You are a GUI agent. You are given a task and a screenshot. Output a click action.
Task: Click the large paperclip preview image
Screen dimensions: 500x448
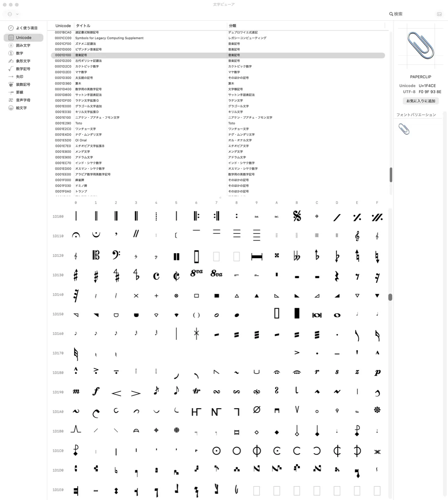click(420, 45)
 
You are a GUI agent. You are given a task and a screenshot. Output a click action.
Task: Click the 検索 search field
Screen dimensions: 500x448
click(410, 14)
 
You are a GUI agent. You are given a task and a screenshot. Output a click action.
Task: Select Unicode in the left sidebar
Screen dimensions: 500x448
click(23, 37)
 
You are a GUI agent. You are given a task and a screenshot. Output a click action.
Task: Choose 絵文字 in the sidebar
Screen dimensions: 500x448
click(21, 108)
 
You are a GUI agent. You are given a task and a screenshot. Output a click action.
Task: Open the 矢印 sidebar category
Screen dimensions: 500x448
click(20, 77)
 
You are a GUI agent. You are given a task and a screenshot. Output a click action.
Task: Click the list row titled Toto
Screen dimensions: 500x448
click(79, 123)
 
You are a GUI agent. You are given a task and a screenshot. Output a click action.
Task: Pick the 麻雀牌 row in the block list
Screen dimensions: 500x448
click(80, 180)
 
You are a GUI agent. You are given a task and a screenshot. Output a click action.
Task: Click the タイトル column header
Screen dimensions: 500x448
click(83, 26)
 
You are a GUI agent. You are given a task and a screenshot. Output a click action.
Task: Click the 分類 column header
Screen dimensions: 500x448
click(233, 26)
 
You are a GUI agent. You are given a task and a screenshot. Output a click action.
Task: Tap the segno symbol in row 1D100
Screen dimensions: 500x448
click(297, 216)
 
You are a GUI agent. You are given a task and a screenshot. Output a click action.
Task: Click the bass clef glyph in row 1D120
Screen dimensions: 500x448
click(116, 255)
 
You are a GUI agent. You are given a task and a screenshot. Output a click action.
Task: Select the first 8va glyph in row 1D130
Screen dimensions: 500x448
click(196, 273)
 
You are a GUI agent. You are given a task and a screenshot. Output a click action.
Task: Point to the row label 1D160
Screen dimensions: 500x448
click(58, 334)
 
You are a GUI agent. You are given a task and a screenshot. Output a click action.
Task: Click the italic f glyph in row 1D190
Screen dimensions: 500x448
click(96, 391)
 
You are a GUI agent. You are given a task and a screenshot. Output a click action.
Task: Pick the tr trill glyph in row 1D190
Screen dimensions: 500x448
click(196, 391)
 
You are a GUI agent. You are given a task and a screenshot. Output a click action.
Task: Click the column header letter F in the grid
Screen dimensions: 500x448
click(377, 203)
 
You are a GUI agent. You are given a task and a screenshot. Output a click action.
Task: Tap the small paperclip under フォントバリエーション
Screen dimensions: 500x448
click(404, 129)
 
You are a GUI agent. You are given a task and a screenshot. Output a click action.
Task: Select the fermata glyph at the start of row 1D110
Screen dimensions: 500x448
click(76, 235)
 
